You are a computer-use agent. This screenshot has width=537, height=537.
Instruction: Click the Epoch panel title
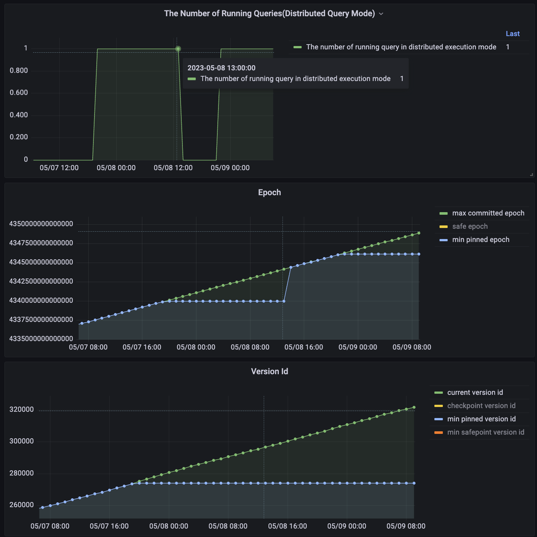point(269,193)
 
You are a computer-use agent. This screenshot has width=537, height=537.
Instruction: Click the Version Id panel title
point(269,372)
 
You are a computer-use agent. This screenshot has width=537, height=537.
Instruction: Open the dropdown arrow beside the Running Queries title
point(381,14)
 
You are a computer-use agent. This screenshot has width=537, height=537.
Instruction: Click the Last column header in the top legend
point(512,34)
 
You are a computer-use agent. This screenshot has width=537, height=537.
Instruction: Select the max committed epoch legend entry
point(488,213)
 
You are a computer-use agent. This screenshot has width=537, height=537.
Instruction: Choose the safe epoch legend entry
point(470,227)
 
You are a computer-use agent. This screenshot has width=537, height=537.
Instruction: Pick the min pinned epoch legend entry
point(480,240)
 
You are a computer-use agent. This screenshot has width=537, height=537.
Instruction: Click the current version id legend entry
point(475,393)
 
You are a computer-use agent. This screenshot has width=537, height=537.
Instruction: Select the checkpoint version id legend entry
point(481,406)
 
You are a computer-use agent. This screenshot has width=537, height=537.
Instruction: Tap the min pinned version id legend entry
point(481,419)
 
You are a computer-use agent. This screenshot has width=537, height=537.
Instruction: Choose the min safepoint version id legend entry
point(486,432)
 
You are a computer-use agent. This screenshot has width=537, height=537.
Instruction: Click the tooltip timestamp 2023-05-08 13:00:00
point(221,68)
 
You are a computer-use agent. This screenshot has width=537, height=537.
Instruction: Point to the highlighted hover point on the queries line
point(178,49)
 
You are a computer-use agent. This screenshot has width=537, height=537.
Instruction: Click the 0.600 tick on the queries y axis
point(19,93)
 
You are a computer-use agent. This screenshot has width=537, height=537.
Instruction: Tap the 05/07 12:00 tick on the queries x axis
point(59,168)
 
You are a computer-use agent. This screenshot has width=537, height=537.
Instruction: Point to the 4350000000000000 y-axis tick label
point(41,224)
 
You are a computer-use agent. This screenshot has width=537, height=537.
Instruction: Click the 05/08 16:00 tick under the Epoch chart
point(303,347)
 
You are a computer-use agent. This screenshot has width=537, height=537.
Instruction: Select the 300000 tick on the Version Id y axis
point(21,441)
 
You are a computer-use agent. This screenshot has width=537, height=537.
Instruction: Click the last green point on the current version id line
point(414,407)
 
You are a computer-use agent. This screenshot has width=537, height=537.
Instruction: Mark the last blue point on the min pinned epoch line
point(419,254)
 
